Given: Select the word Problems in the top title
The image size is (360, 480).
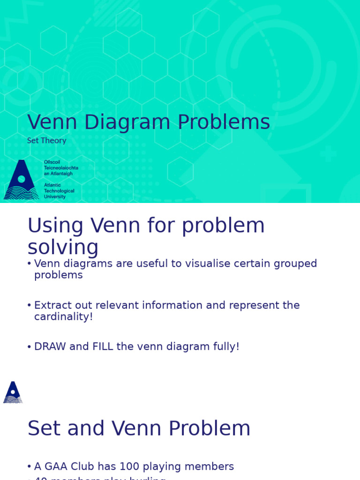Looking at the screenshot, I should (x=224, y=122).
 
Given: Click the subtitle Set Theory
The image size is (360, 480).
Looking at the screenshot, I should (x=47, y=141).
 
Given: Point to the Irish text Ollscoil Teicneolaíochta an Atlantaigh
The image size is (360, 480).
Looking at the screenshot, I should (x=61, y=168).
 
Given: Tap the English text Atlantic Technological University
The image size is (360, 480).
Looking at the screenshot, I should (x=59, y=191).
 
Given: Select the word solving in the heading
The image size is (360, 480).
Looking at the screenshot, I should (x=63, y=247).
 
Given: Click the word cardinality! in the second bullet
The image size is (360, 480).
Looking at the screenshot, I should (x=63, y=317).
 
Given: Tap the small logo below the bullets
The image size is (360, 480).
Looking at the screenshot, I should (x=13, y=392).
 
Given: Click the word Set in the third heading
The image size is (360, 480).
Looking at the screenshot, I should (x=44, y=428).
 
